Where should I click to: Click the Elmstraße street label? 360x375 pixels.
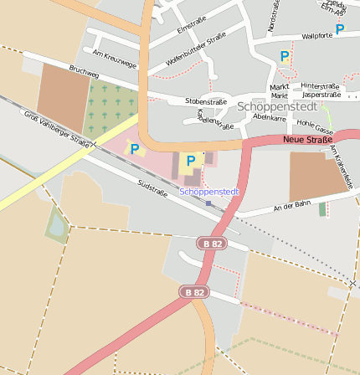[192, 27]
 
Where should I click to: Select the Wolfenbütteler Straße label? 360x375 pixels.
[196, 49]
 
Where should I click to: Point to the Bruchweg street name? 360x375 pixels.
[85, 73]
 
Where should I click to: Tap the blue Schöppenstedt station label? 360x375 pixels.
[209, 192]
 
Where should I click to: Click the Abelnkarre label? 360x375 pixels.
[268, 118]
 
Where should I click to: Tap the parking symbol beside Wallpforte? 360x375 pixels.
[339, 28]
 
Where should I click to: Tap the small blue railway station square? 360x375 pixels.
[208, 203]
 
